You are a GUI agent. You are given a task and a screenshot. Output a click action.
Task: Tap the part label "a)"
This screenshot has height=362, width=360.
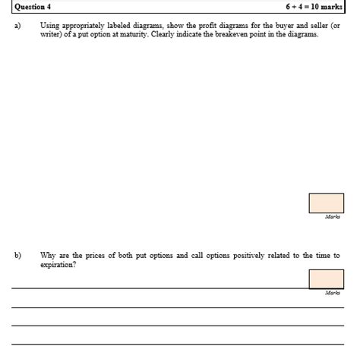pos(17,26)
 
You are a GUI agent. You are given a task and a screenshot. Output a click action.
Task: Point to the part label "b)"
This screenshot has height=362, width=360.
pos(17,256)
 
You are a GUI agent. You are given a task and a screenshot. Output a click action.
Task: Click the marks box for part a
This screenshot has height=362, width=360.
pos(326,203)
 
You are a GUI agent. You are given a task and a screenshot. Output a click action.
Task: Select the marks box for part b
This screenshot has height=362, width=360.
pos(326,279)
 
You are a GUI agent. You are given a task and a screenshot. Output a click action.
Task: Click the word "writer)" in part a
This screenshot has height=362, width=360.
pos(52,35)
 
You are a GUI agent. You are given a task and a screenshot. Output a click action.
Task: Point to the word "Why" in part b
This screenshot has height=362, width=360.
pos(48,256)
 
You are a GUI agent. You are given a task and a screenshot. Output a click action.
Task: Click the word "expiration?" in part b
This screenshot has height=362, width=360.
pos(58,265)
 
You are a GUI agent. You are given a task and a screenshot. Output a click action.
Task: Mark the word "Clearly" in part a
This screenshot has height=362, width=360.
pos(164,35)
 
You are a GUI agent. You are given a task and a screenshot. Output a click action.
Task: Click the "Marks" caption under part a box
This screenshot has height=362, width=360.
pos(332,217)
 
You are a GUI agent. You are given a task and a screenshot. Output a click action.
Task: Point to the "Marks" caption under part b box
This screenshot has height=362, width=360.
pos(332,292)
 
